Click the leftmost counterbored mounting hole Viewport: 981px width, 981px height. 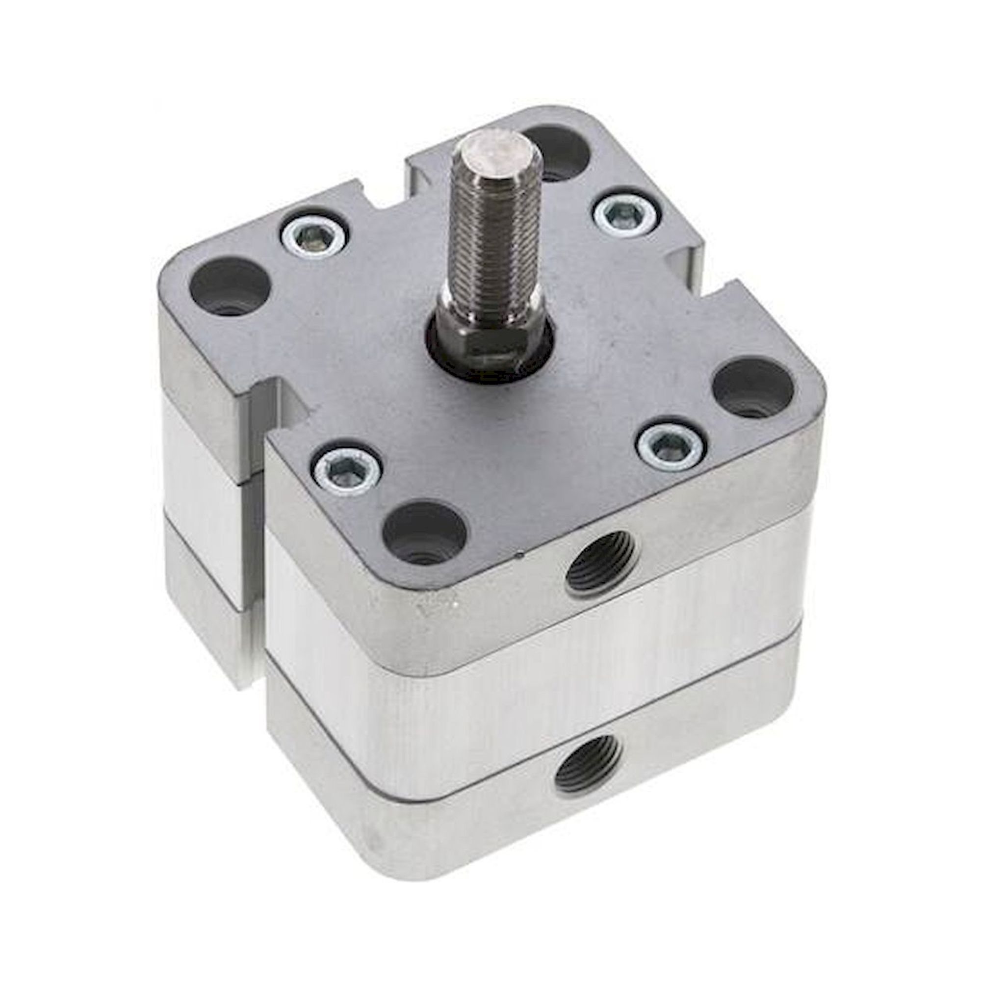point(229,287)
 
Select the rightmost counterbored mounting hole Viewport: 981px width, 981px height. point(752,388)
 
